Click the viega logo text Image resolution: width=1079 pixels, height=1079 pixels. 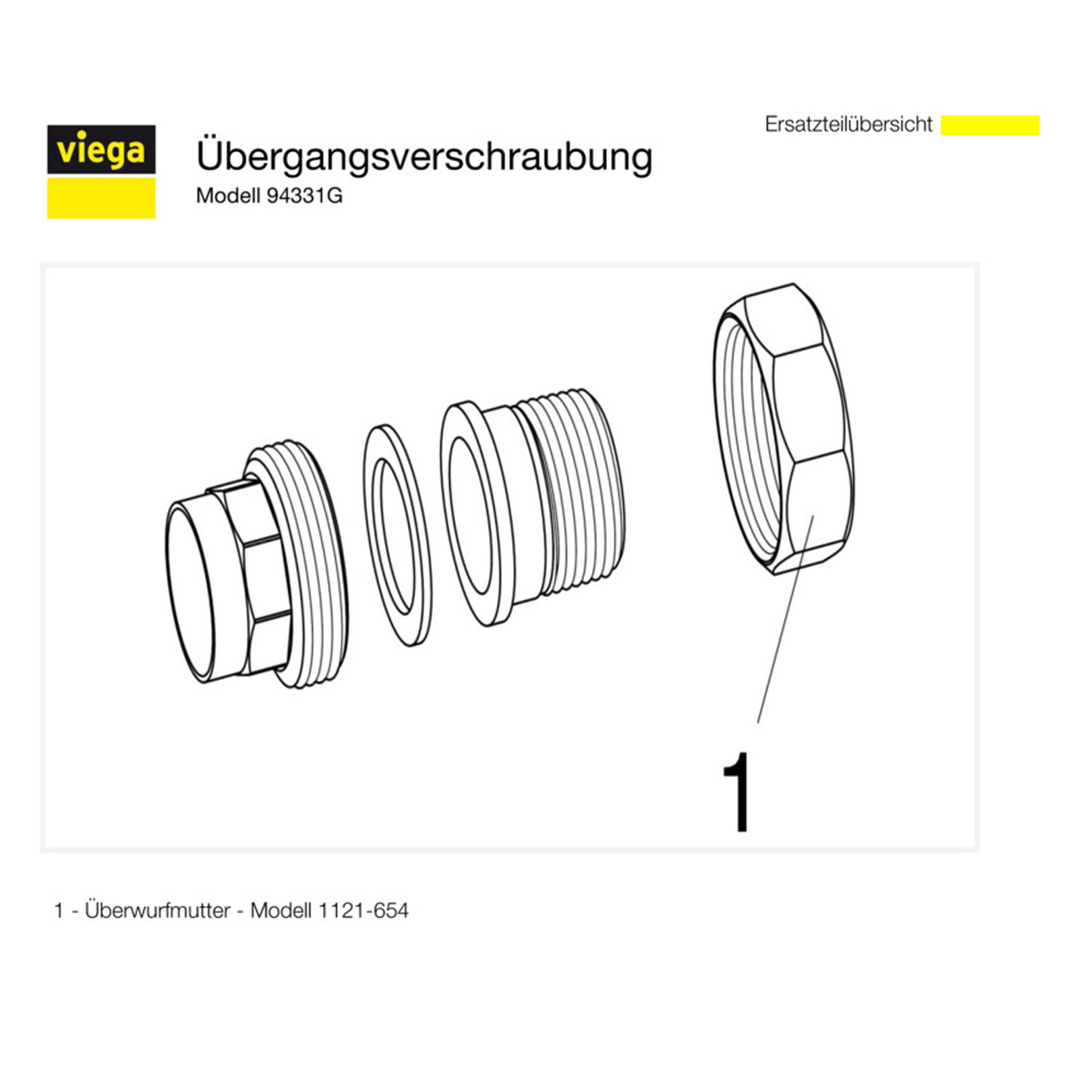pyautogui.click(x=101, y=150)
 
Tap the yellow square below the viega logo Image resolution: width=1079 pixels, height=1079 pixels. pyautogui.click(x=101, y=198)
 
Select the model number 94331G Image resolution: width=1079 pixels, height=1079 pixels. pyautogui.click(x=305, y=196)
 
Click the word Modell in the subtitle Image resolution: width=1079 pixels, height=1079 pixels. pyautogui.click(x=228, y=196)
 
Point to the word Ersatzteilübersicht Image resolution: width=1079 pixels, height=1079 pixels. pyautogui.click(x=848, y=124)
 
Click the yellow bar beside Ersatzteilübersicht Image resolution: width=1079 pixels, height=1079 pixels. pyautogui.click(x=990, y=125)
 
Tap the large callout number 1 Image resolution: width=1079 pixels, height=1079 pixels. pyautogui.click(x=737, y=792)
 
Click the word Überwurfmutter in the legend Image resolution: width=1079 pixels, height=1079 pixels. pyautogui.click(x=158, y=910)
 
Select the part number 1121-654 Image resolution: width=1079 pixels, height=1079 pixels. pyautogui.click(x=363, y=910)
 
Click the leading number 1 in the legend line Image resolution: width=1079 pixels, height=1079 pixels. pyautogui.click(x=59, y=911)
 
